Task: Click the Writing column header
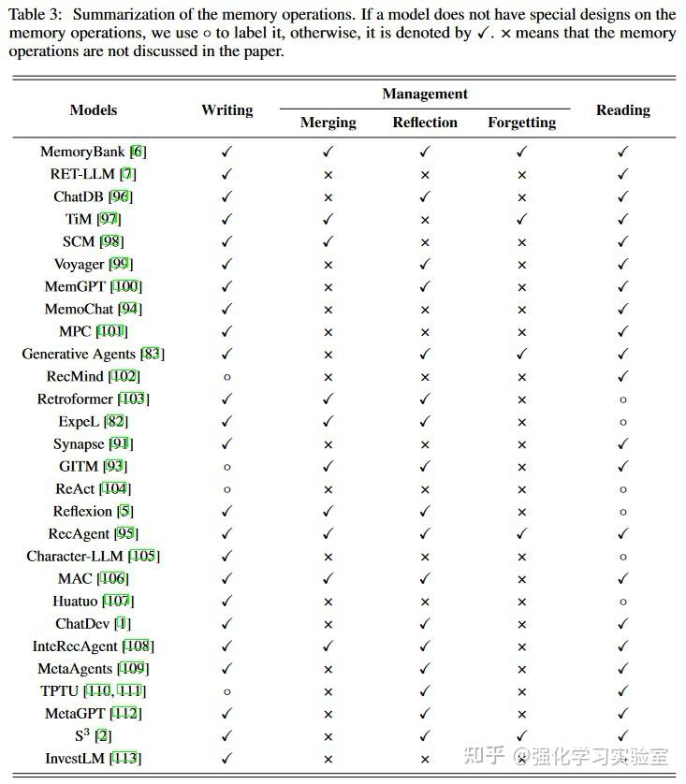pyautogui.click(x=226, y=110)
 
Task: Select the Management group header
pyautogui.click(x=425, y=94)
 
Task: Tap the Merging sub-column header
pyautogui.click(x=328, y=123)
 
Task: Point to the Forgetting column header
pyautogui.click(x=521, y=123)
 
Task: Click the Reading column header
pyautogui.click(x=622, y=110)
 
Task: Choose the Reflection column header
pyautogui.click(x=425, y=123)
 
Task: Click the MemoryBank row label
pyautogui.click(x=83, y=152)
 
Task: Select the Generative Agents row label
pyautogui.click(x=80, y=354)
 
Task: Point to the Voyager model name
pyautogui.click(x=79, y=264)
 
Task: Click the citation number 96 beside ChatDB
pyautogui.click(x=120, y=196)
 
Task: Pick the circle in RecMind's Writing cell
pyautogui.click(x=226, y=376)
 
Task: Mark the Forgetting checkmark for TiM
pyautogui.click(x=521, y=219)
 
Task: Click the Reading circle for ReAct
pyautogui.click(x=622, y=488)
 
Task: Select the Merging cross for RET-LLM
pyautogui.click(x=328, y=174)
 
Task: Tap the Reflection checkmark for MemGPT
pyautogui.click(x=425, y=286)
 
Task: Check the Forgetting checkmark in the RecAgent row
pyautogui.click(x=521, y=533)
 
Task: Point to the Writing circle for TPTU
pyautogui.click(x=226, y=690)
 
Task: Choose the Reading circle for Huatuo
pyautogui.click(x=622, y=601)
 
